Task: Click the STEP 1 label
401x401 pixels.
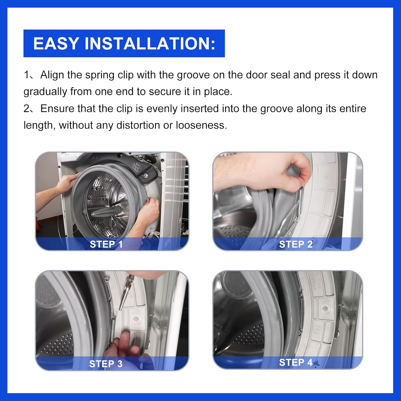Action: [x=106, y=244]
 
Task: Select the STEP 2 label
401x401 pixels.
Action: [x=296, y=244]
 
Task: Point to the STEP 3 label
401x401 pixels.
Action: [x=106, y=364]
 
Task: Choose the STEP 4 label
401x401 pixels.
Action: [x=296, y=363]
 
